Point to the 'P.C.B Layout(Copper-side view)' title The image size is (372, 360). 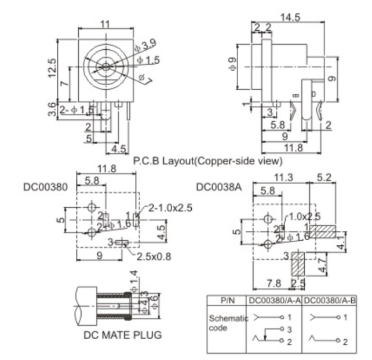click(208, 160)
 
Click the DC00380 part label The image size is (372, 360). click(46, 188)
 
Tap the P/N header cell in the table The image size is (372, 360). click(227, 301)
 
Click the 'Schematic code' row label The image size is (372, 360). click(223, 323)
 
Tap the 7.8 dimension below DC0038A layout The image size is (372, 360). click(276, 282)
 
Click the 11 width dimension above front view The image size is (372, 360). click(105, 24)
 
